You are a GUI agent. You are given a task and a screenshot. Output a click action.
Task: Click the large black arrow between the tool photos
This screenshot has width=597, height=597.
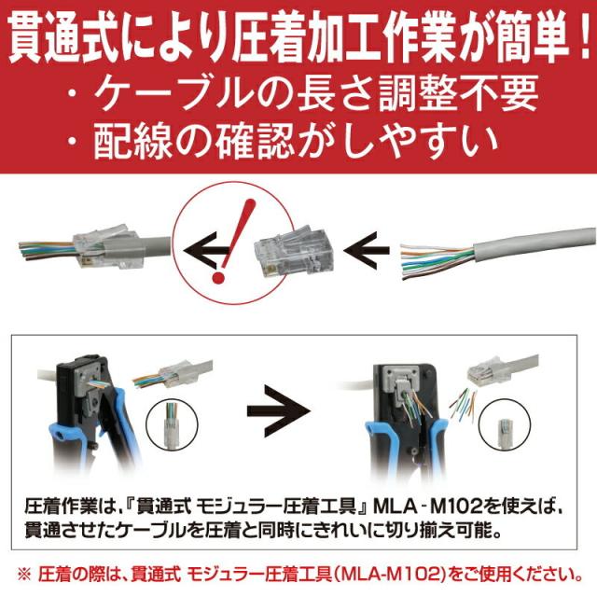285,410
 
